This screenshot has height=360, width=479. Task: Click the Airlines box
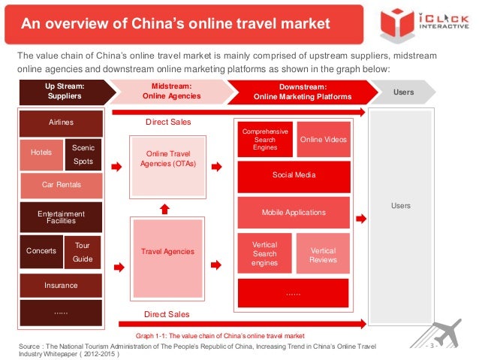tap(61, 123)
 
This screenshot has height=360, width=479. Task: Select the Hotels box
tap(41, 153)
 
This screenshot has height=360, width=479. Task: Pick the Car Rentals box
tap(61, 185)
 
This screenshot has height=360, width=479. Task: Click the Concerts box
tap(41, 251)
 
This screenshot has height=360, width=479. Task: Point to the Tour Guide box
tap(83, 251)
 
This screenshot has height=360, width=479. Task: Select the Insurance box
tap(61, 285)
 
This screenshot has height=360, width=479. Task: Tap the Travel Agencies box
tap(167, 252)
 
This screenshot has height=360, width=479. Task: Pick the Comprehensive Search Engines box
tap(264, 139)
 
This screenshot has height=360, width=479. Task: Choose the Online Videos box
tap(323, 139)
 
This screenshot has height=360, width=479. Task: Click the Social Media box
tap(294, 175)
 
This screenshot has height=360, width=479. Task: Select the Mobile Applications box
tap(294, 213)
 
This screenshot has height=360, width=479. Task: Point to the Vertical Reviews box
tap(323, 253)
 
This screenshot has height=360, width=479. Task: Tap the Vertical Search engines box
tap(264, 254)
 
